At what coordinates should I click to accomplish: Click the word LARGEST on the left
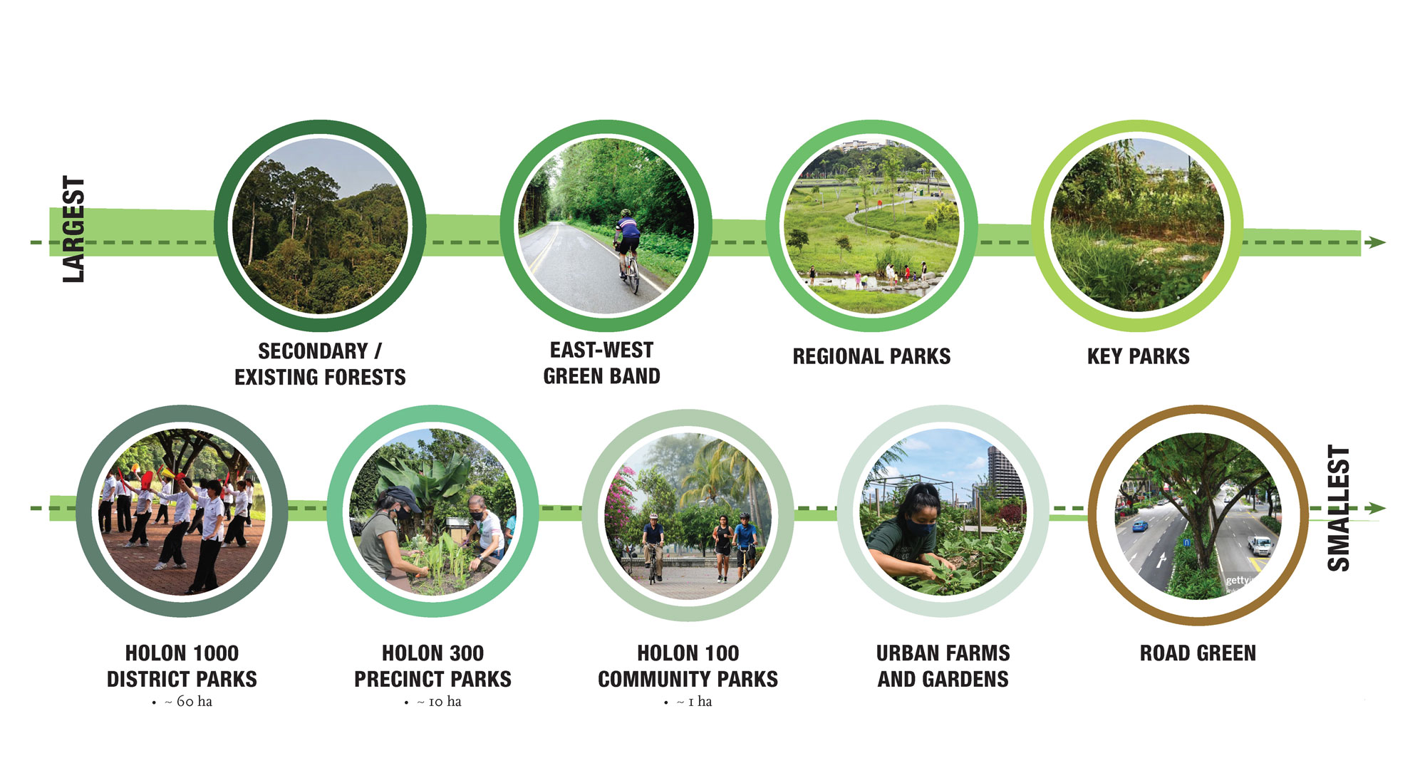click(x=73, y=229)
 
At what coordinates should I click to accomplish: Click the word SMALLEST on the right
click(x=1339, y=508)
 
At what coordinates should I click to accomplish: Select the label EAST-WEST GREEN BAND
click(x=602, y=363)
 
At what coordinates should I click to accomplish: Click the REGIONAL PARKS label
click(x=871, y=356)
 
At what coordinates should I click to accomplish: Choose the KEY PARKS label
click(x=1138, y=356)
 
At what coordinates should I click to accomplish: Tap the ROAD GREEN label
click(x=1198, y=653)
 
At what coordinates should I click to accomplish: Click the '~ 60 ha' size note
click(x=188, y=702)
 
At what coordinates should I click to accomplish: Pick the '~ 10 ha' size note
click(x=439, y=702)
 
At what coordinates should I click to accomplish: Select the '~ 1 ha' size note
click(x=694, y=702)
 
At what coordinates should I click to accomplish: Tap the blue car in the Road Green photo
click(x=1140, y=527)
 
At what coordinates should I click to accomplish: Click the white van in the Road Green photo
click(x=1260, y=546)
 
